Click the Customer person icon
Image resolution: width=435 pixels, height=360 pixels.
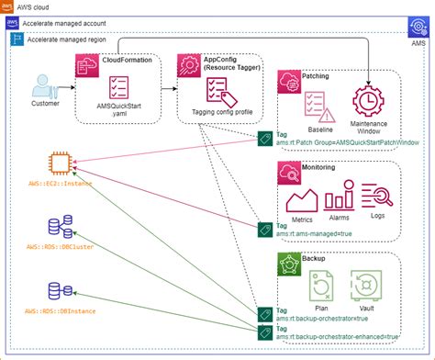[42, 90]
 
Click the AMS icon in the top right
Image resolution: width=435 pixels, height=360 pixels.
[418, 40]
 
